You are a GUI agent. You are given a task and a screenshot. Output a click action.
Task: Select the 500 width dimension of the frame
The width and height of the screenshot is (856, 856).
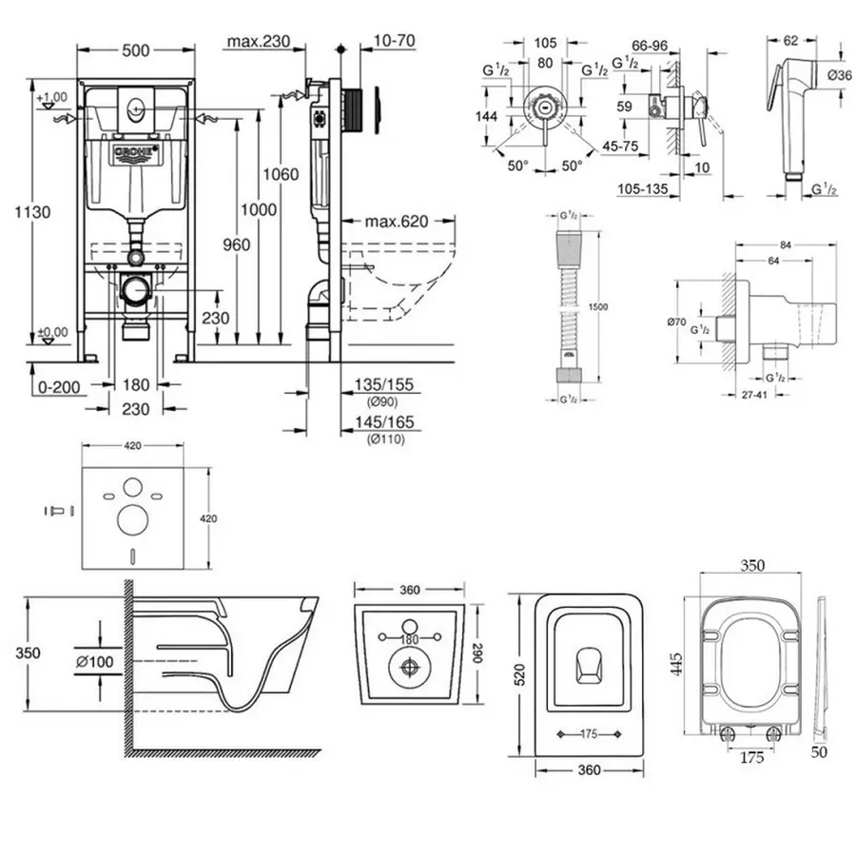point(136,51)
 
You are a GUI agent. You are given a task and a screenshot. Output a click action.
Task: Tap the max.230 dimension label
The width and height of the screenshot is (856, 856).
point(258,41)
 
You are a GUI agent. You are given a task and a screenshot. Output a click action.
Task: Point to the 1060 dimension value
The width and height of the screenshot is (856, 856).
point(282,174)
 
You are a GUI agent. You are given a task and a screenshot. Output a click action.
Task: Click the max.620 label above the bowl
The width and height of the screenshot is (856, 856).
point(397,222)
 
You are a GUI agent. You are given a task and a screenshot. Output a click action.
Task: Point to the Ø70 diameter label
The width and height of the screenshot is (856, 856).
point(677,321)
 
